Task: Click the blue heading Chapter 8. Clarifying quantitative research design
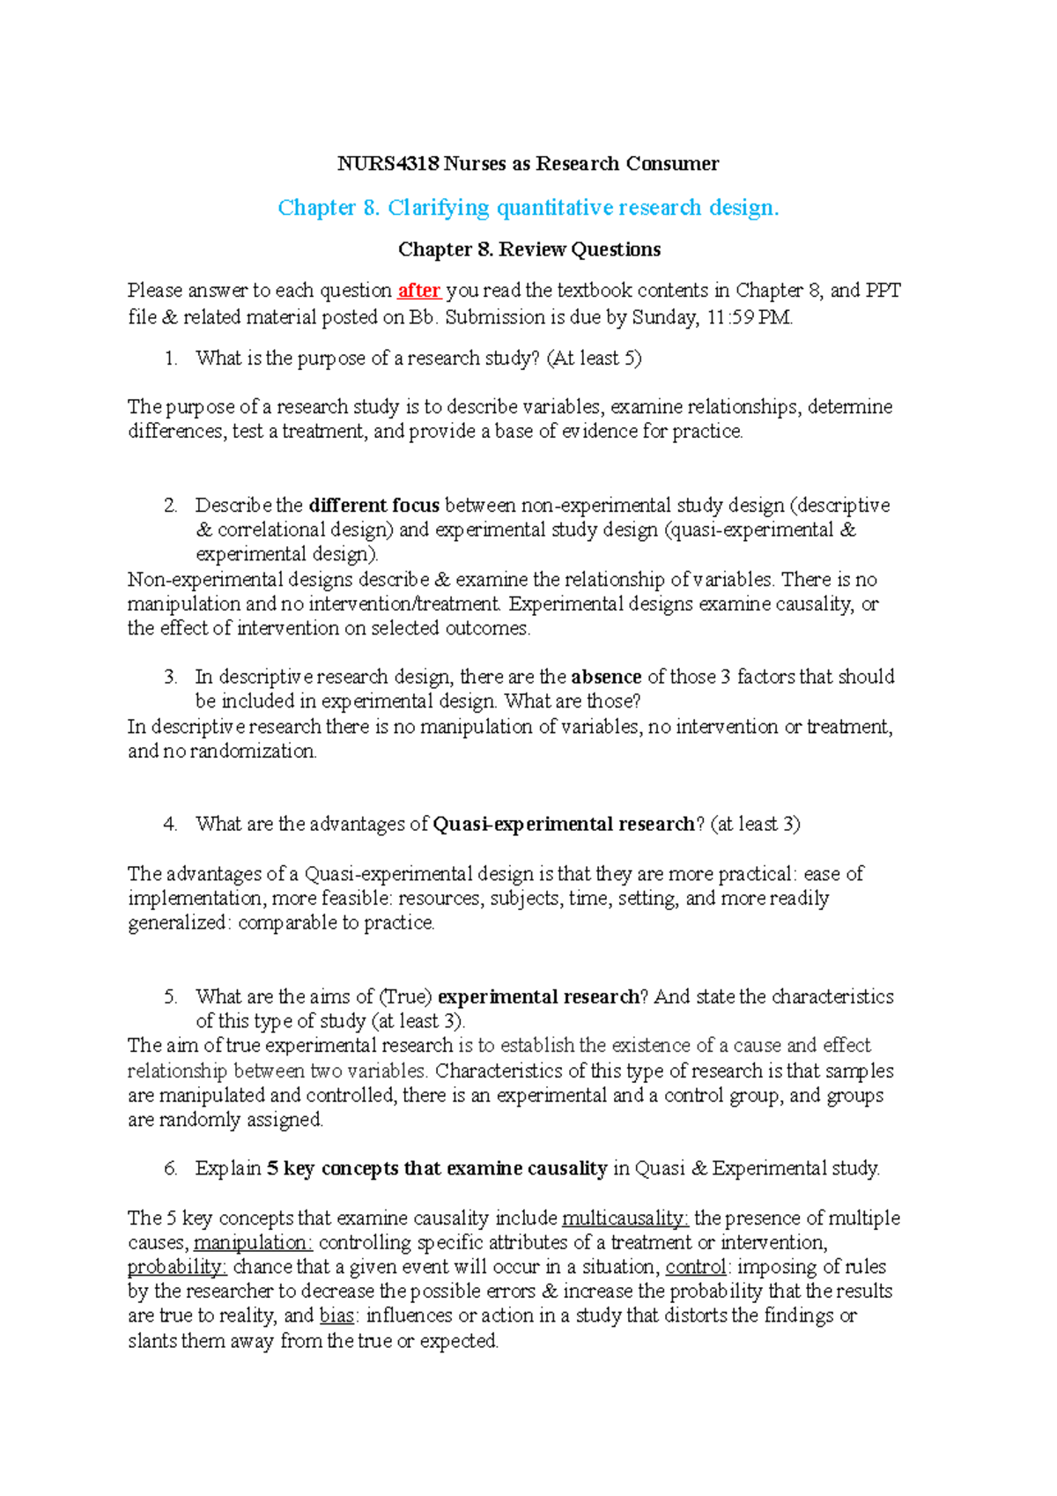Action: (528, 208)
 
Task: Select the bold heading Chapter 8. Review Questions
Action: (528, 249)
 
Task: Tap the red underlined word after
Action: (418, 291)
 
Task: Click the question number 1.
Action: (170, 359)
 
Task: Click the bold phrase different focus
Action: (374, 506)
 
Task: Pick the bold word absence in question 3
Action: (606, 677)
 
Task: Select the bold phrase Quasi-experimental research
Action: (564, 825)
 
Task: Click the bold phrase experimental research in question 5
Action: (538, 996)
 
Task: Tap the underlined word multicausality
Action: (625, 1218)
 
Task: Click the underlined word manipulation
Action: (252, 1243)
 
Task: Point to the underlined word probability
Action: (177, 1267)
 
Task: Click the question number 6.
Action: (170, 1169)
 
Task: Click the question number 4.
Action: (170, 825)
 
